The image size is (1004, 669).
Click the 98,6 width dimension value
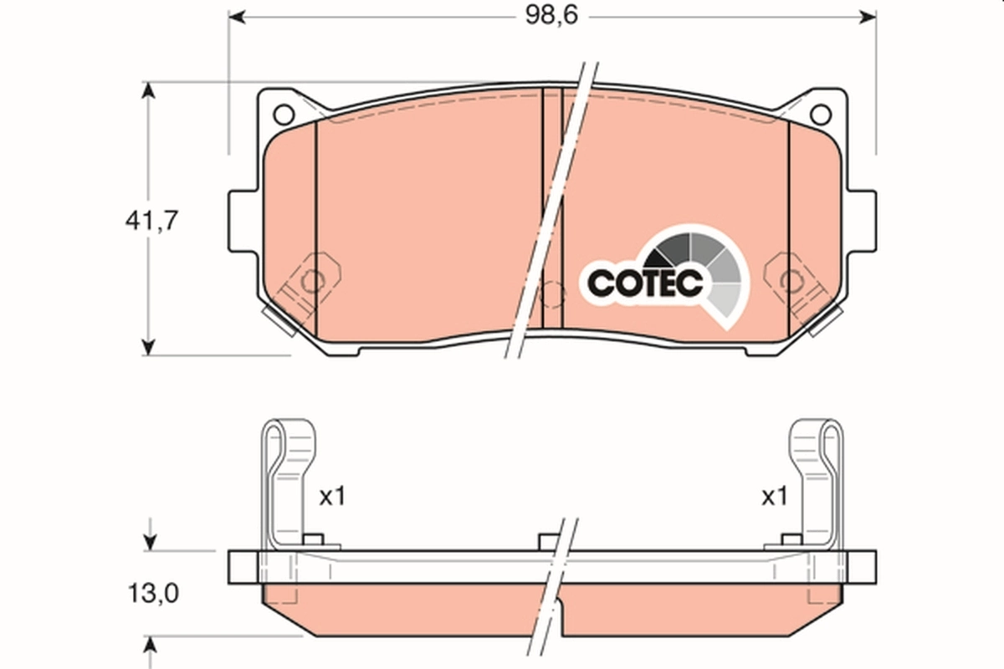point(552,17)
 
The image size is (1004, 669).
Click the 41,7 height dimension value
point(151,221)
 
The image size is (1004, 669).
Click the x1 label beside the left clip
point(331,497)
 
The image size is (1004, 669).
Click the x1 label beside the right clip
point(774,497)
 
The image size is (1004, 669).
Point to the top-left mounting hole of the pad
point(284,114)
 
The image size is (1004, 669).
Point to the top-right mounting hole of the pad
point(821,114)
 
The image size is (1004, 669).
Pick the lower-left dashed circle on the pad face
point(311,281)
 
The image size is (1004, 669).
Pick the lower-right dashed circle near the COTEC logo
point(791,281)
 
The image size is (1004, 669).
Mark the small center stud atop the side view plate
point(548,542)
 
